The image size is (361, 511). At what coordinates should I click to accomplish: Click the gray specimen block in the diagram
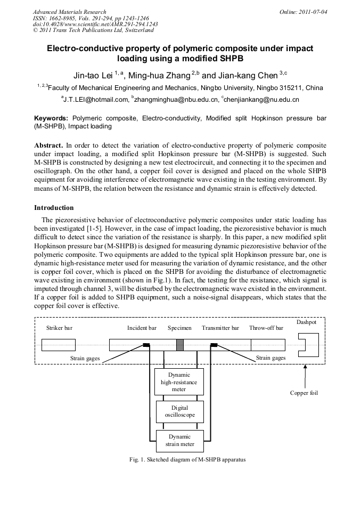pos(180,345)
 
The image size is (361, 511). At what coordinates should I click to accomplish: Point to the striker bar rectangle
pos(59,345)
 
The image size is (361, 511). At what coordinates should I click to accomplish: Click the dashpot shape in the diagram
pos(308,345)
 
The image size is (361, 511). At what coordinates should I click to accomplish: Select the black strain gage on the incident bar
pos(146,345)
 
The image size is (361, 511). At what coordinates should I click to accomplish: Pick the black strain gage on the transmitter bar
pos(214,345)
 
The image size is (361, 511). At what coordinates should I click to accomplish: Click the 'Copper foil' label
pos(303,393)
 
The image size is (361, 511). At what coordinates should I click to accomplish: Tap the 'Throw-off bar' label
pos(266,328)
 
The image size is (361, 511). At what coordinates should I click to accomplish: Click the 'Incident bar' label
pos(142,328)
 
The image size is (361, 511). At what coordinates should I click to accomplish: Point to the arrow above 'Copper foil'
pos(305,376)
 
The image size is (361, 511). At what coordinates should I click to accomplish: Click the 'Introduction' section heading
pos(54,207)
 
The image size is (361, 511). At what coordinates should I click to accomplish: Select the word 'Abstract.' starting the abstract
pos(49,145)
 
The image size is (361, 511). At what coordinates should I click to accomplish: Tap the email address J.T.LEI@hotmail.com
pos(96,99)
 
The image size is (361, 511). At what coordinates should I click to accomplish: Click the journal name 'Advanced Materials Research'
pos(69,12)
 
